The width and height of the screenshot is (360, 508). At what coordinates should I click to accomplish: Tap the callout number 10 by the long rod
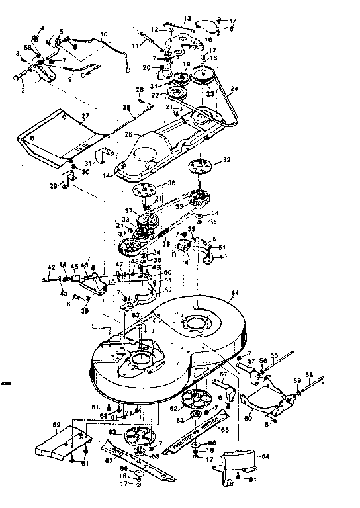104,33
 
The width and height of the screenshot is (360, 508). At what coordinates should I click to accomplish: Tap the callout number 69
56,423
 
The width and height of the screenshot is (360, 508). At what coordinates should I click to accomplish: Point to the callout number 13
186,18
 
